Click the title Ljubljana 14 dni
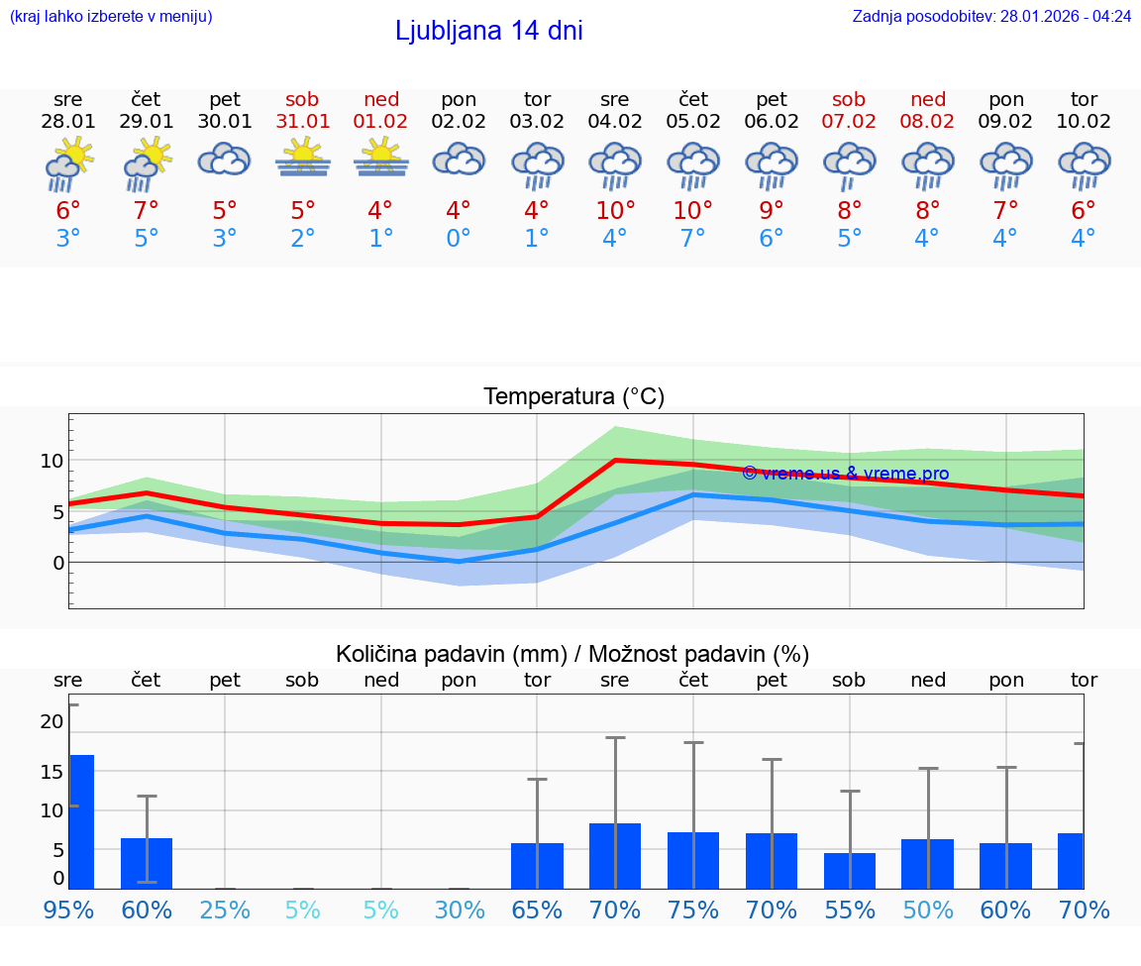tap(488, 31)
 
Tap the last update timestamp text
tap(991, 17)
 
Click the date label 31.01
tap(302, 122)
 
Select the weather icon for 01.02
tap(380, 160)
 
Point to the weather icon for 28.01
tap(68, 163)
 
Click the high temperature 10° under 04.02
tap(615, 211)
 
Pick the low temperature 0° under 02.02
tap(459, 239)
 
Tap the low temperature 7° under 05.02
tap(693, 239)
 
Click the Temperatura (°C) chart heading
tap(573, 397)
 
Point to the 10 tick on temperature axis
tap(52, 461)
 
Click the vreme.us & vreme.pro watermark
tap(845, 474)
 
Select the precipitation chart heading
tap(572, 654)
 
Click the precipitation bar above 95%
tap(81, 821)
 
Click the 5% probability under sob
tap(302, 910)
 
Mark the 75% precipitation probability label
tap(693, 910)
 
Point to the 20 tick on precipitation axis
tap(52, 722)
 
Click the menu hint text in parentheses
tap(111, 17)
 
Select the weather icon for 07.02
tap(850, 163)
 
